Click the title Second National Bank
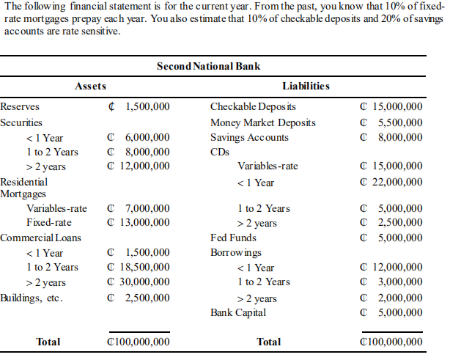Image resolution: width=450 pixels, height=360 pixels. tap(209, 66)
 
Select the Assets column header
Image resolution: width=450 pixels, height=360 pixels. tap(91, 87)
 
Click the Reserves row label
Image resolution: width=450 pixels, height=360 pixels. tap(20, 107)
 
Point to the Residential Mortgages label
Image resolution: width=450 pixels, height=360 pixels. tap(24, 187)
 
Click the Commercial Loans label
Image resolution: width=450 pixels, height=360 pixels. tap(40, 238)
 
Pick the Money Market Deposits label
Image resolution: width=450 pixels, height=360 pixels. tap(262, 122)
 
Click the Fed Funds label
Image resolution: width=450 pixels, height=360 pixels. tap(233, 238)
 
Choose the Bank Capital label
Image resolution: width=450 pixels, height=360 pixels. tap(238, 313)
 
